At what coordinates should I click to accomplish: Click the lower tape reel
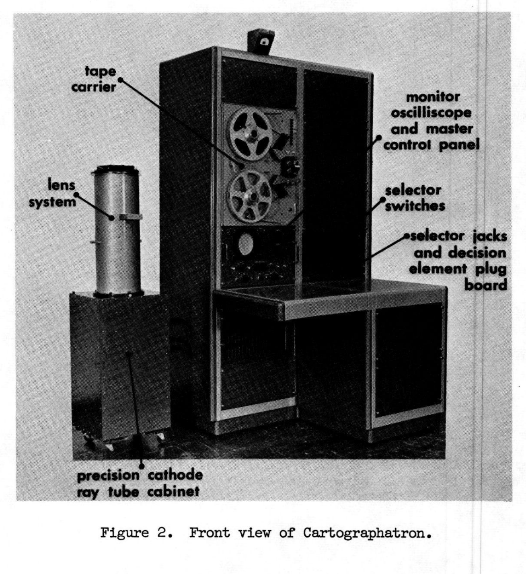(250, 197)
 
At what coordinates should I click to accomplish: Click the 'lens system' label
(53, 194)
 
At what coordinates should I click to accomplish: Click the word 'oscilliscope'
(431, 113)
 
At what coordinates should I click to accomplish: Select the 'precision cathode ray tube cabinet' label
(140, 484)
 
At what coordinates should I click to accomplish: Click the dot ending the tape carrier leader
(121, 80)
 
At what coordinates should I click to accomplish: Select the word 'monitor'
(433, 97)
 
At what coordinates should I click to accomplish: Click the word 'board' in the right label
(486, 285)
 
